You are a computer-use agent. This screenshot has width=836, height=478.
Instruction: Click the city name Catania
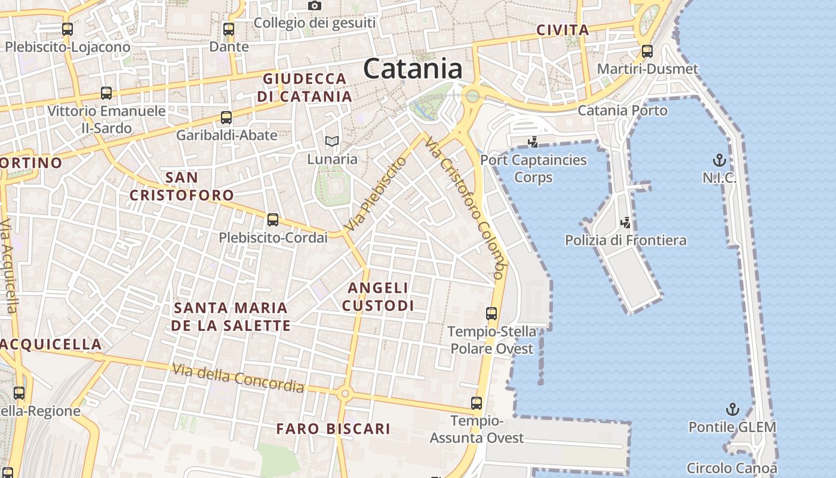click(413, 69)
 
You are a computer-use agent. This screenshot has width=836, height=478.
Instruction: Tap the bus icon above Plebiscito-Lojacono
click(67, 29)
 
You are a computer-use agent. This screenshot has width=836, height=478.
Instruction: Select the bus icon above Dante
click(229, 29)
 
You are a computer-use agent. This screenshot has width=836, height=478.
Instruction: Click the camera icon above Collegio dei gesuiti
click(315, 5)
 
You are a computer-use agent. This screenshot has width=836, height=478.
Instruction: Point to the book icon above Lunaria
click(332, 142)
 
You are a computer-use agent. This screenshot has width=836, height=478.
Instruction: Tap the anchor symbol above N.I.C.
click(720, 160)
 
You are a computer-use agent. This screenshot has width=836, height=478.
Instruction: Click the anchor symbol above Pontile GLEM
click(732, 409)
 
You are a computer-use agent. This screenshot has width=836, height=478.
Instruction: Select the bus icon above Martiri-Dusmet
click(647, 51)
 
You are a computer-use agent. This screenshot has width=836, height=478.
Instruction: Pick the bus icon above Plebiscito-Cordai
click(273, 220)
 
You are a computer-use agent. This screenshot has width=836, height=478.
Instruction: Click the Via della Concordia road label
click(238, 378)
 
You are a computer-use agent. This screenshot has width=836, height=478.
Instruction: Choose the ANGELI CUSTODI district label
click(378, 297)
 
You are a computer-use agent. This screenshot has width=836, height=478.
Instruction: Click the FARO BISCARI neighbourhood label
click(333, 428)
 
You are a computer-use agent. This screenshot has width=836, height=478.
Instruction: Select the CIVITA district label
click(563, 30)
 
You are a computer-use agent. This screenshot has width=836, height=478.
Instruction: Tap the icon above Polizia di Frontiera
click(626, 223)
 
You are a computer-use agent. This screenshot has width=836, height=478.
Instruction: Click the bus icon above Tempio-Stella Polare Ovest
click(491, 313)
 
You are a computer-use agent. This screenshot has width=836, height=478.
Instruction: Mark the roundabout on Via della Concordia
click(344, 394)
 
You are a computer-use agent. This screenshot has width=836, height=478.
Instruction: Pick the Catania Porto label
click(622, 111)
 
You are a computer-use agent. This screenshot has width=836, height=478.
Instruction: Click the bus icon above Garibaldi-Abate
click(226, 118)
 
